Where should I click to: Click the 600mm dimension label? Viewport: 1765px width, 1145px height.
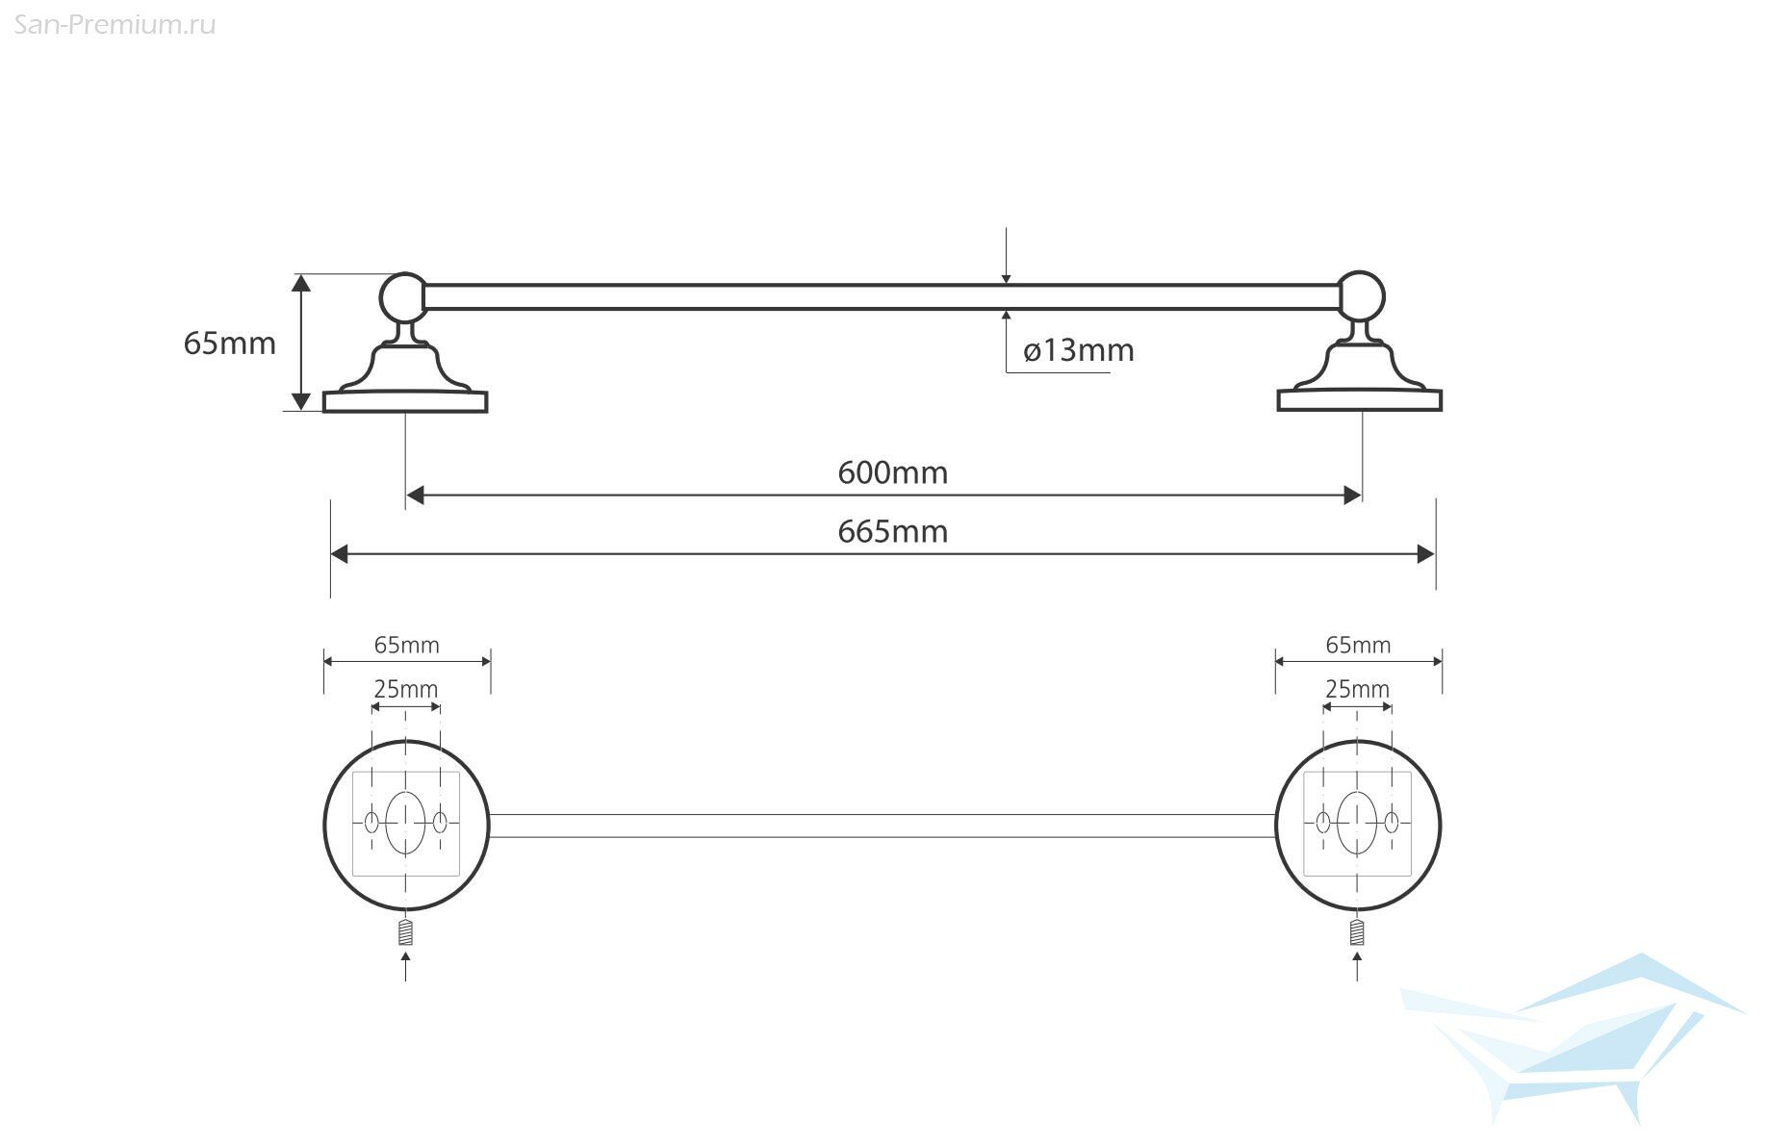892,472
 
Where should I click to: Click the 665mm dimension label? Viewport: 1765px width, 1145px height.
892,531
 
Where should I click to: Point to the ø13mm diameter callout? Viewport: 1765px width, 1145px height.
1078,350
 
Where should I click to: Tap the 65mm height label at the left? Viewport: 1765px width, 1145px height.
229,343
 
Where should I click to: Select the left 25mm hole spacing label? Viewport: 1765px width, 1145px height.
405,689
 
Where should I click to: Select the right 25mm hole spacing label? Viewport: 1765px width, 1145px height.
1357,689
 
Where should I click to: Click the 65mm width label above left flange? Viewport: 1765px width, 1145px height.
406,645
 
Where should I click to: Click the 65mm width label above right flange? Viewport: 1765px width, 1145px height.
1358,645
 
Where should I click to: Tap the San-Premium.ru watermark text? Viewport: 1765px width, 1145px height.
115,25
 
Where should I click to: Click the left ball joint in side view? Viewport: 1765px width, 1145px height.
403,296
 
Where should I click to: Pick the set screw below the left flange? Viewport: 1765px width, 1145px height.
405,932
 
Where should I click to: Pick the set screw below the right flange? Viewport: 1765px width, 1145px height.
1357,931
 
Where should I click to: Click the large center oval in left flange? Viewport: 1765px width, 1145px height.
405,823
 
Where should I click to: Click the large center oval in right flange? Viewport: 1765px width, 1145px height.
1357,823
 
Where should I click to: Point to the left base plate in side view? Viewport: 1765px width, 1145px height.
405,401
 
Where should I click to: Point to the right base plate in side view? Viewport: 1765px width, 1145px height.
1359,400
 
